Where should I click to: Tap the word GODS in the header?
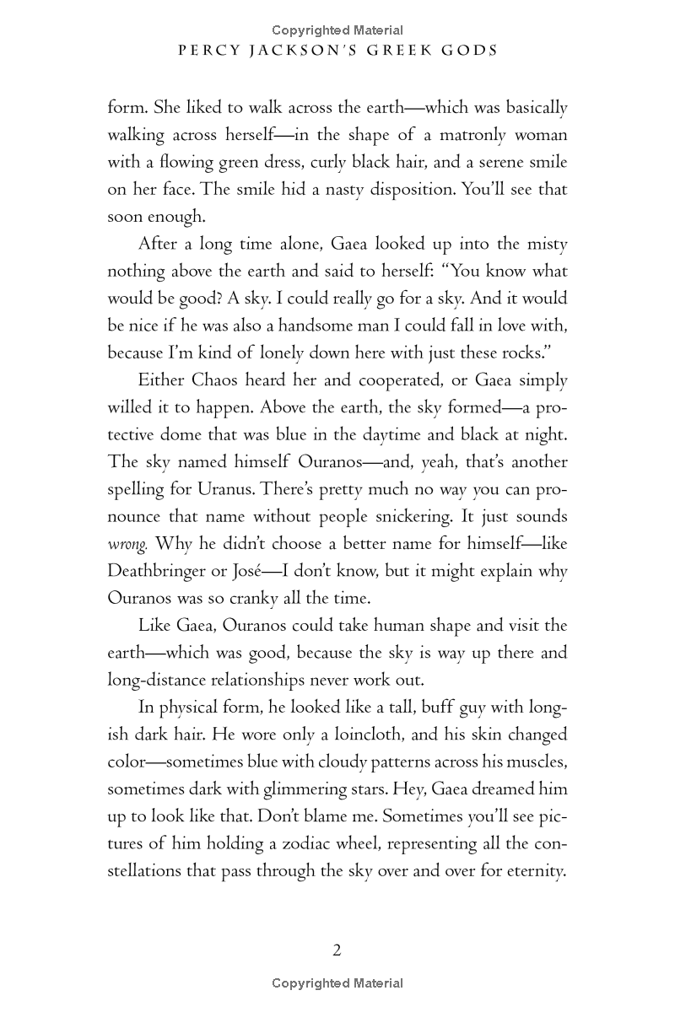click(x=469, y=51)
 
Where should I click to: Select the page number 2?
click(x=337, y=950)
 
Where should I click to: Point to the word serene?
click(x=483, y=162)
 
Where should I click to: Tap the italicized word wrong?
click(x=127, y=544)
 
